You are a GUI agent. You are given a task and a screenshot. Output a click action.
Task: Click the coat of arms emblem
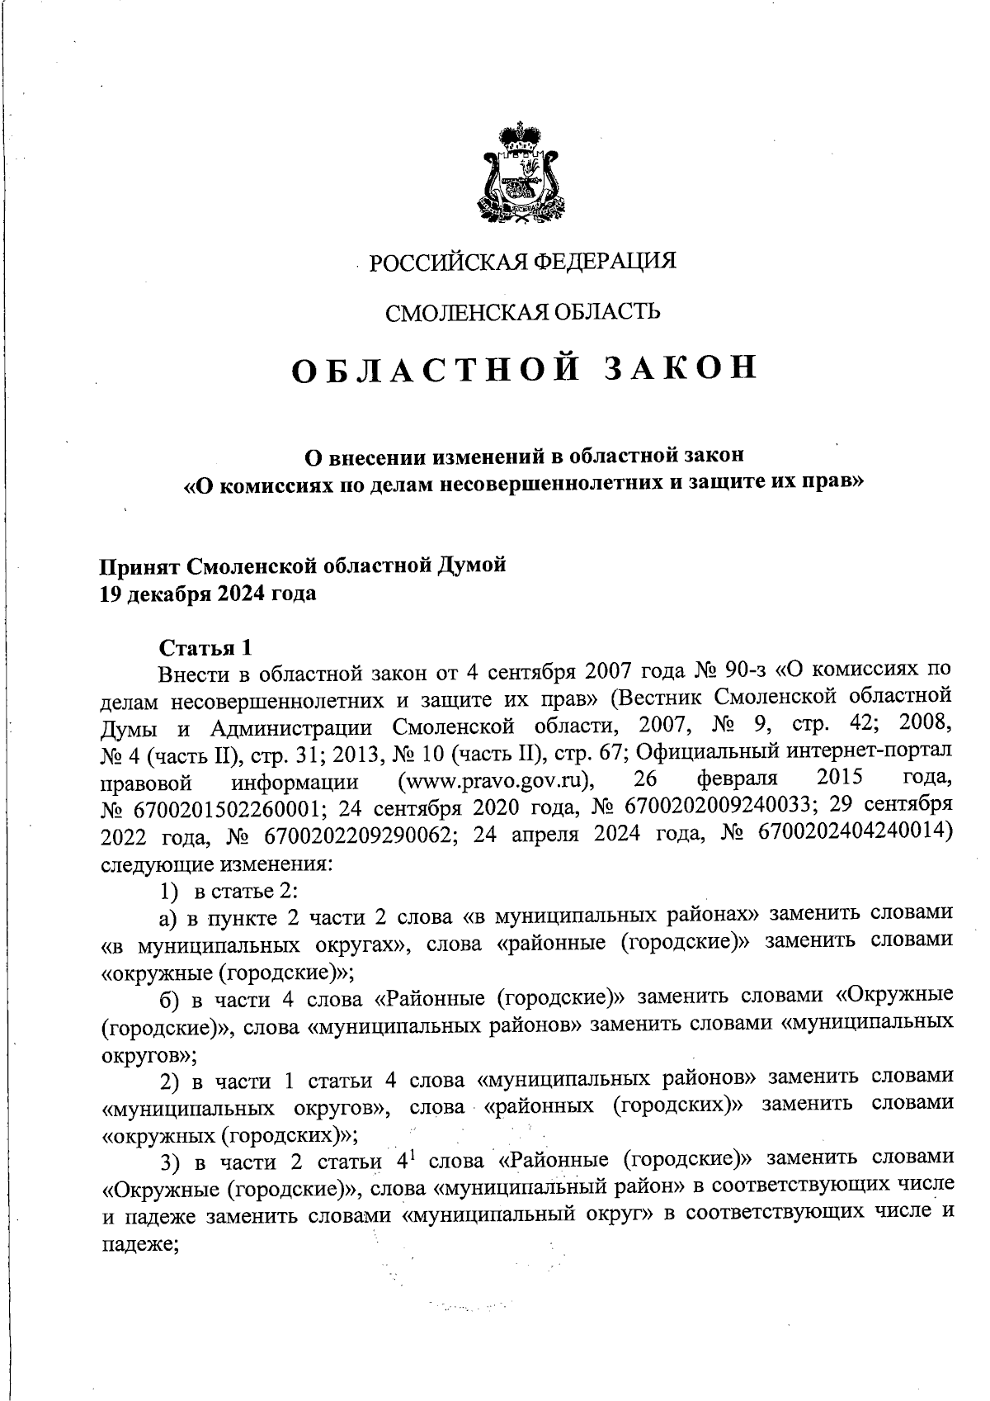pos(517,173)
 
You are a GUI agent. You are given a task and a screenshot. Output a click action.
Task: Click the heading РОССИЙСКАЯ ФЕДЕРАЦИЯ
pos(521,263)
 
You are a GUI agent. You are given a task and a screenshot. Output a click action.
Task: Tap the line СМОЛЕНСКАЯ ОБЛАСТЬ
pos(522,312)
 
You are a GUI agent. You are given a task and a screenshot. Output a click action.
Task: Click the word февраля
pos(738,780)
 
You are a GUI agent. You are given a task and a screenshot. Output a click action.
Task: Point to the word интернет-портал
pos(874,753)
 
